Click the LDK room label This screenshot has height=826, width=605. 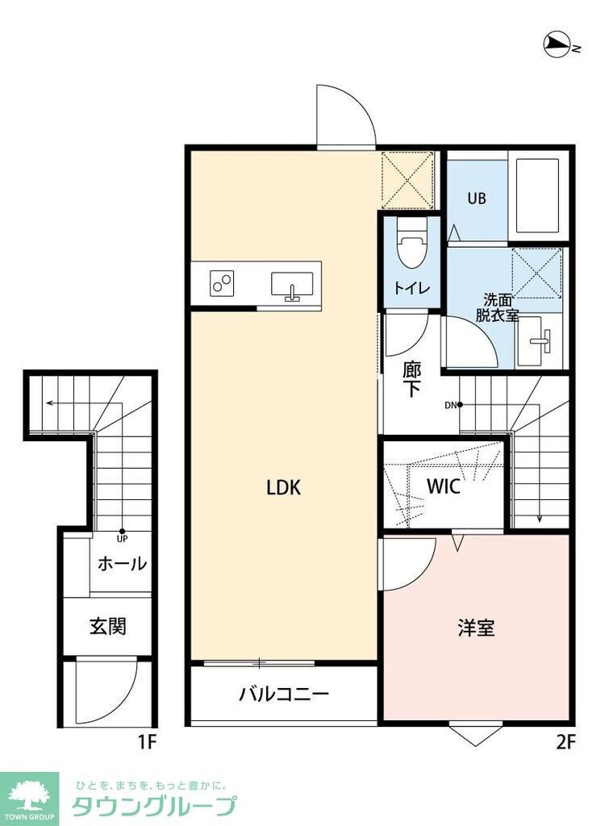pos(283,488)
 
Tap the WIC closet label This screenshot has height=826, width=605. pos(443,487)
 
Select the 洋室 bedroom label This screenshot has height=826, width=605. pos(476,628)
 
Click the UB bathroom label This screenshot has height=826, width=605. pos(477,198)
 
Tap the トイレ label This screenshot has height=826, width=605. pos(411,288)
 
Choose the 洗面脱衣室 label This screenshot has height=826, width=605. pos(496,307)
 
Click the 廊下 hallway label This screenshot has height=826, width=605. pos(411,380)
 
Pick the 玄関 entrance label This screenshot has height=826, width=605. pos(107,625)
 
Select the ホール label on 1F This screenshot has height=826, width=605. pos(122,564)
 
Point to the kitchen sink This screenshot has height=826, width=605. pos(292,286)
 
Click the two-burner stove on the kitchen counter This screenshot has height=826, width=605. pos(222,282)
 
